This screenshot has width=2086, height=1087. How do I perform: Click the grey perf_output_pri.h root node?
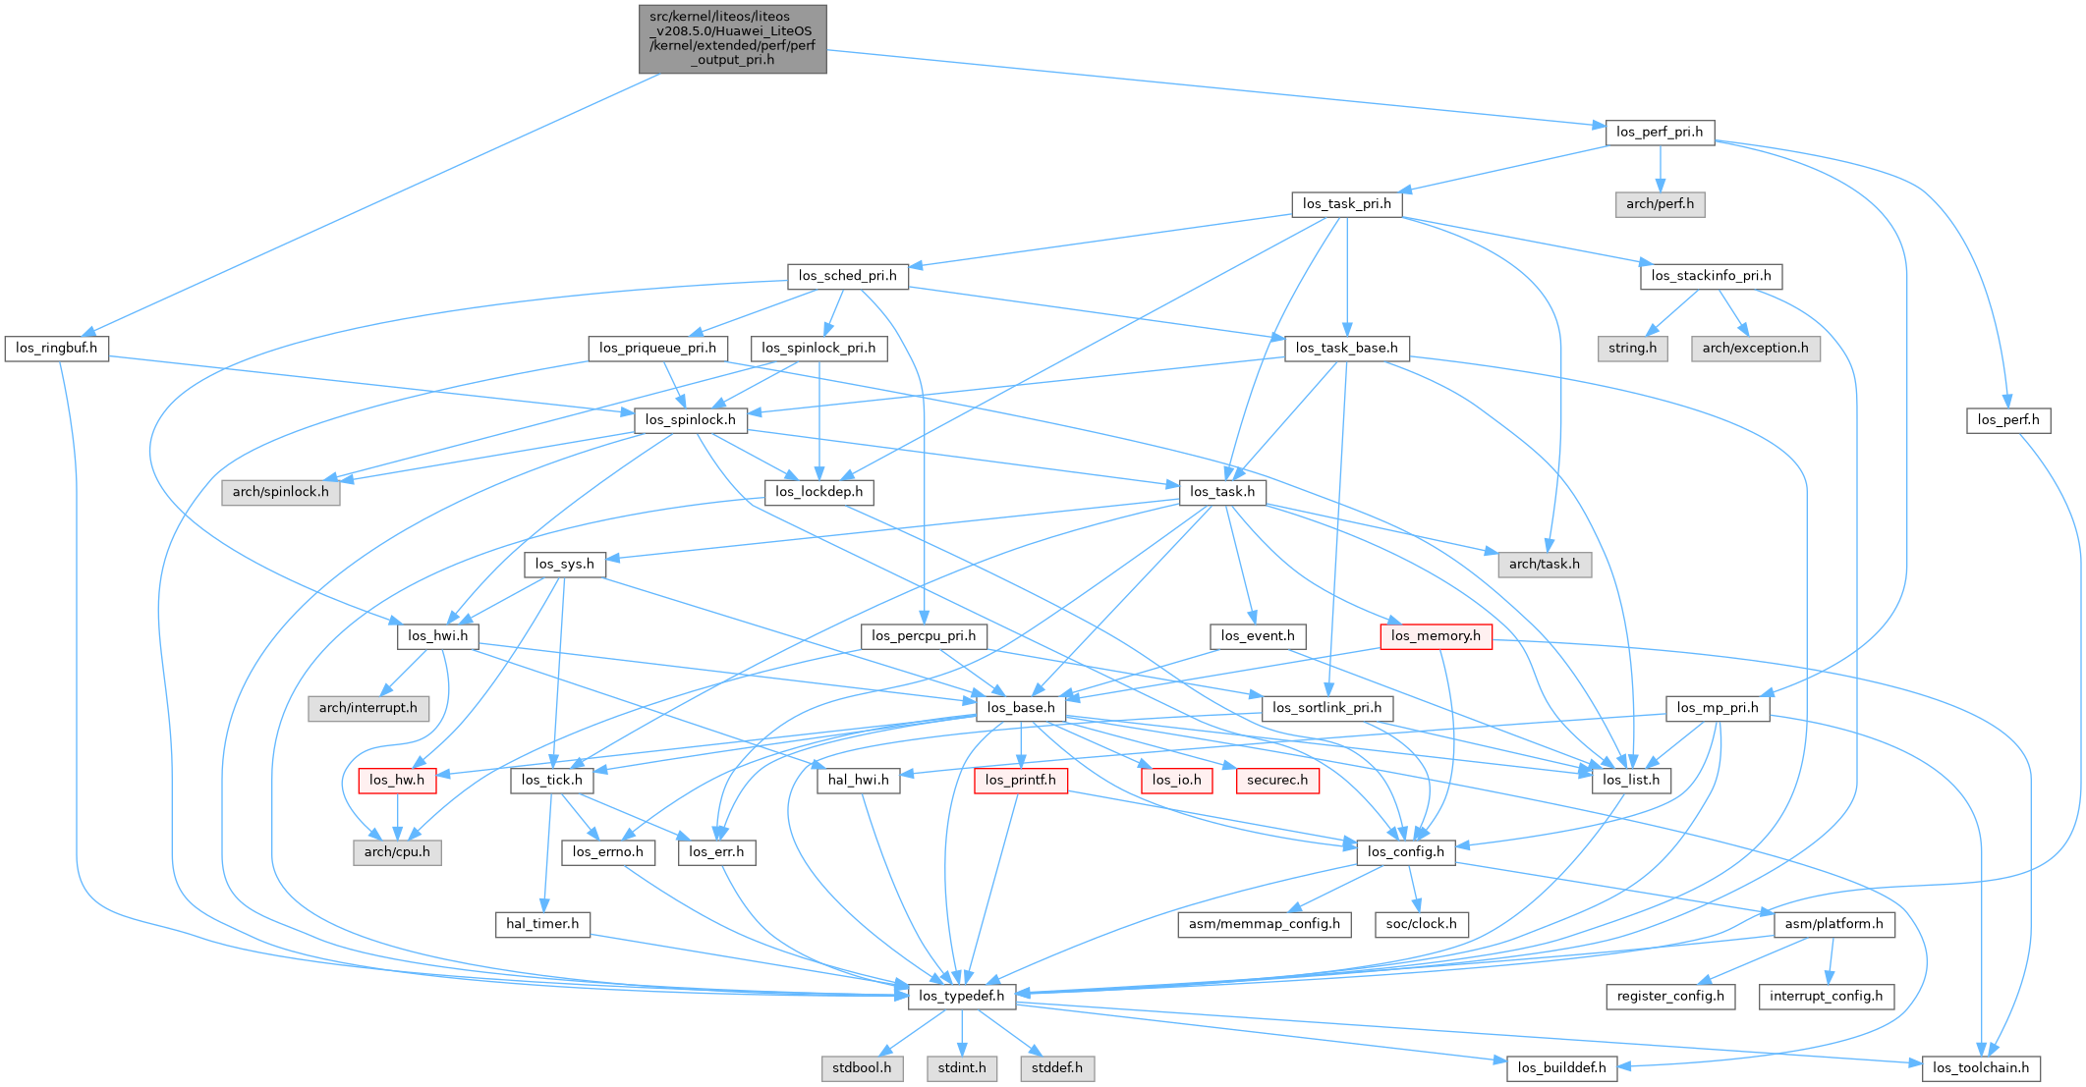click(732, 39)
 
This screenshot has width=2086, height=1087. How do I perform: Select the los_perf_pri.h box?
click(1660, 133)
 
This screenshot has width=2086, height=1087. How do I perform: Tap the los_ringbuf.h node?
click(56, 349)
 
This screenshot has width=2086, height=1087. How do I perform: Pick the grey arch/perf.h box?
click(1660, 204)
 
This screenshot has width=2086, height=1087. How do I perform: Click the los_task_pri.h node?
click(1346, 204)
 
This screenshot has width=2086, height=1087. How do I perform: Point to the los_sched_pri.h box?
click(847, 276)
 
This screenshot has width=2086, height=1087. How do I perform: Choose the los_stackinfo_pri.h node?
click(1711, 276)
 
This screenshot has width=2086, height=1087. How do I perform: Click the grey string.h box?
click(1632, 349)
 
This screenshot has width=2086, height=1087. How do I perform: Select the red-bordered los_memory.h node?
click(1436, 636)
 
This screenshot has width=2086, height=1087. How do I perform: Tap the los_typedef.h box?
click(961, 997)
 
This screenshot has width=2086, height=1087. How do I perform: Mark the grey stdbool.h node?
click(862, 1068)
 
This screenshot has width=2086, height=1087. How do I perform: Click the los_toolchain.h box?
click(1980, 1068)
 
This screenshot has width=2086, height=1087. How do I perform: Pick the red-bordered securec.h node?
click(1277, 781)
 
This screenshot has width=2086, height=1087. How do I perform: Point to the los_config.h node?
click(1405, 852)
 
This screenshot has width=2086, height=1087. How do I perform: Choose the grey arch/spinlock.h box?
click(280, 492)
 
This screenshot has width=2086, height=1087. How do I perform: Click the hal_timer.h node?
click(542, 924)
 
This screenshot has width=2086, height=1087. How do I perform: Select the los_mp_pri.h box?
click(1718, 708)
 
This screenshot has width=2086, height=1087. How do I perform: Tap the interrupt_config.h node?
click(1826, 997)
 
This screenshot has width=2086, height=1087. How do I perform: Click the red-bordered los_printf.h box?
click(1020, 781)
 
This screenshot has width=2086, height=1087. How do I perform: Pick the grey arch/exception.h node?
click(1755, 349)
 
